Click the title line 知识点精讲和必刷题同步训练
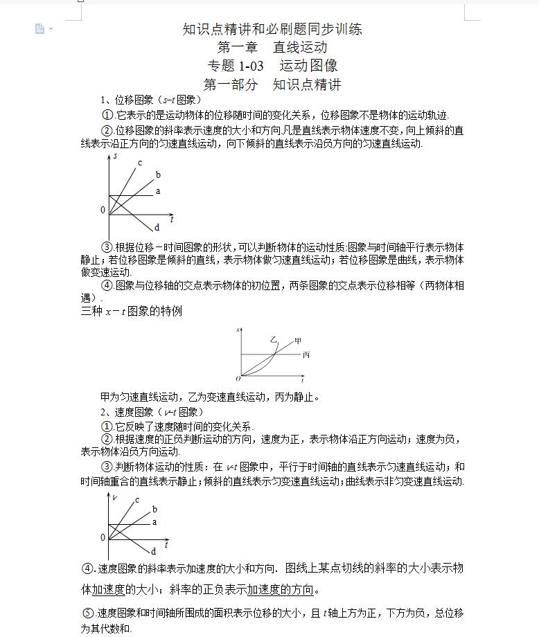[272, 29]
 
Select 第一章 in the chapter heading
[237, 48]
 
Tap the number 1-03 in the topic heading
[251, 66]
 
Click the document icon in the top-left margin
[40, 28]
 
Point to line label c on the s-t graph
[139, 163]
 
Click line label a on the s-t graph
[158, 191]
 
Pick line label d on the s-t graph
[157, 227]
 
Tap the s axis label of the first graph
[115, 157]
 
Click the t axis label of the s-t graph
[171, 219]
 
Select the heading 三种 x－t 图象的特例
[132, 312]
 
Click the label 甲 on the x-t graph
[299, 341]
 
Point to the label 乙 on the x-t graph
[273, 339]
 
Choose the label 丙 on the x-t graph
[306, 355]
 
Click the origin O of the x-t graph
[238, 379]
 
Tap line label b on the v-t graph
[154, 510]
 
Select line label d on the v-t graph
[153, 552]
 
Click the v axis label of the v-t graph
[115, 497]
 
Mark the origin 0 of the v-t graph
[103, 537]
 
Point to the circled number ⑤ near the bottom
[88, 613]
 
